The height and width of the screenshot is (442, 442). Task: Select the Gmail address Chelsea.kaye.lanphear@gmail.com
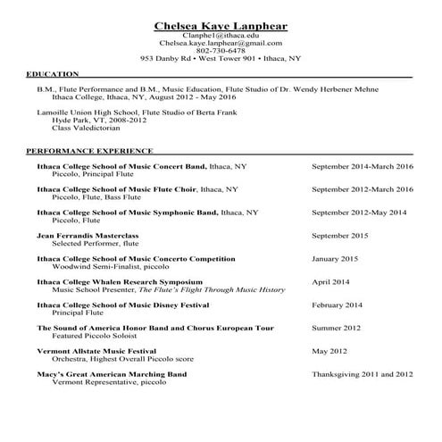(x=221, y=42)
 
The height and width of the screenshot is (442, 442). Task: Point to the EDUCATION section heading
(x=53, y=74)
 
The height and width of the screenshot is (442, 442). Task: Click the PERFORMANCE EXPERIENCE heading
(x=89, y=151)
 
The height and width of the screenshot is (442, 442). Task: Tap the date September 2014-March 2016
(x=363, y=167)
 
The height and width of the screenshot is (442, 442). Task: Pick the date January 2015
(x=335, y=259)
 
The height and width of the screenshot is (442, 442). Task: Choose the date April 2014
(x=330, y=282)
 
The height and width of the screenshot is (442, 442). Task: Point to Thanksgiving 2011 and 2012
(x=363, y=374)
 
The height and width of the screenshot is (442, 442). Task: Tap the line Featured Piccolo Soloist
(x=95, y=337)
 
